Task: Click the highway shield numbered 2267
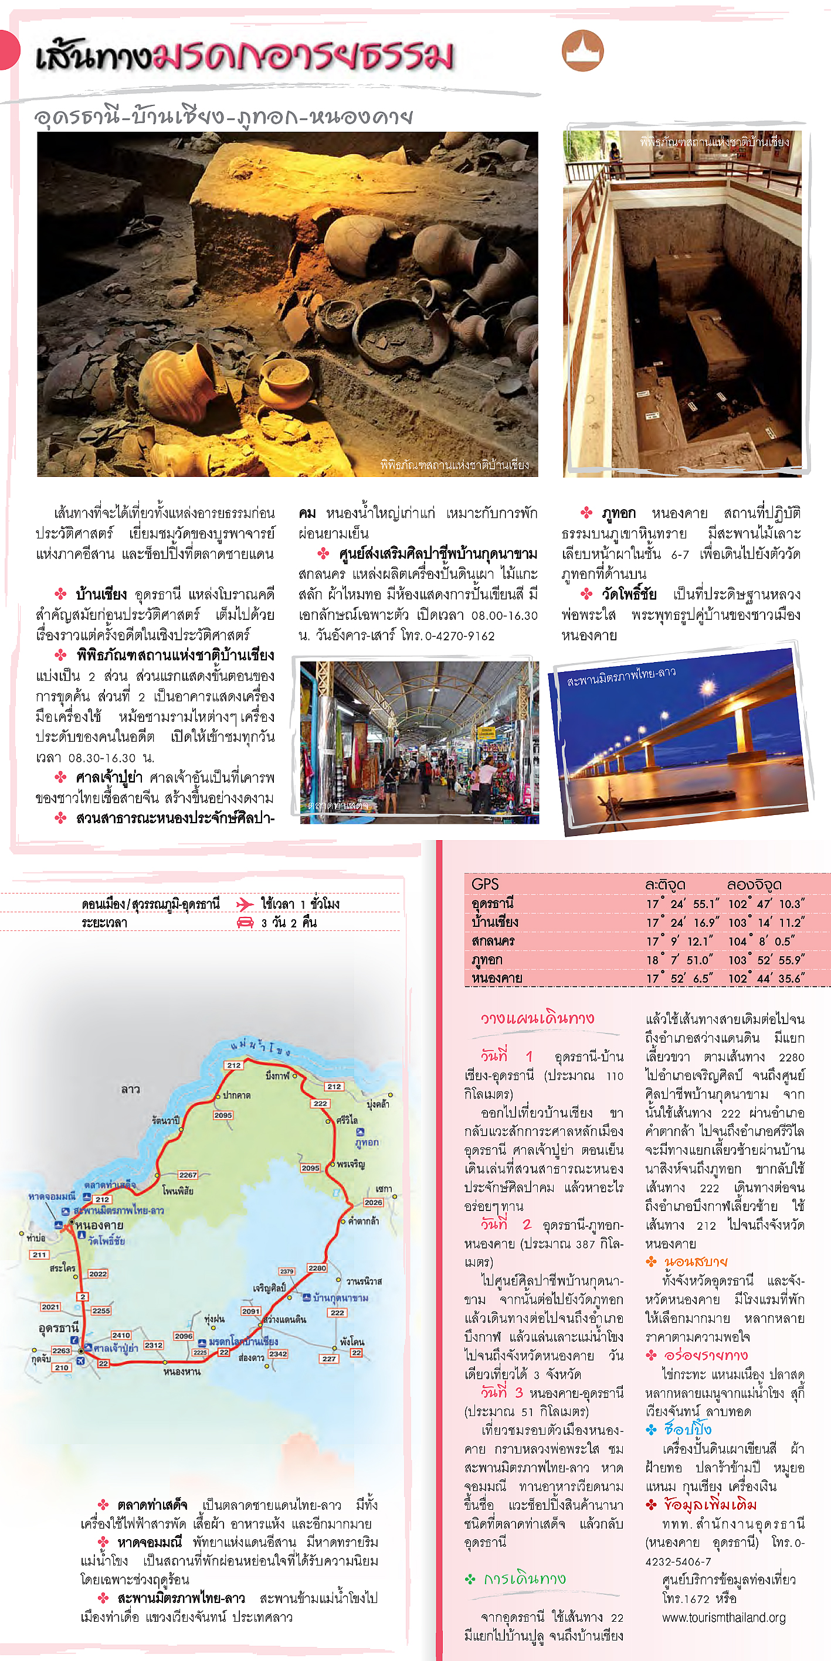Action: [188, 1175]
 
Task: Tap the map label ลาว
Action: [130, 1089]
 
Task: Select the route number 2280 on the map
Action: [317, 1268]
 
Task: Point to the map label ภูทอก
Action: [367, 1142]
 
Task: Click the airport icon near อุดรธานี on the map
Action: [81, 1360]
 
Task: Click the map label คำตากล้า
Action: [363, 1220]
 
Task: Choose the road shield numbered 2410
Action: [121, 1335]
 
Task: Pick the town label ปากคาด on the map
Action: [236, 1096]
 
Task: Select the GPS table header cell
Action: [485, 884]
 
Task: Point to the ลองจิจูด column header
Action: [754, 884]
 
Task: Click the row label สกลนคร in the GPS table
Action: [493, 941]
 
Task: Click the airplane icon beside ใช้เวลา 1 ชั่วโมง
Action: [245, 903]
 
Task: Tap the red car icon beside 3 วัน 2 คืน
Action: [245, 922]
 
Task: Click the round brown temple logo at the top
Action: [582, 50]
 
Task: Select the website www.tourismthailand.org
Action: [723, 1617]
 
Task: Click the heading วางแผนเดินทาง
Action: [537, 1018]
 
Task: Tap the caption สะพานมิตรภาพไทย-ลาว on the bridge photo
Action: [620, 676]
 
